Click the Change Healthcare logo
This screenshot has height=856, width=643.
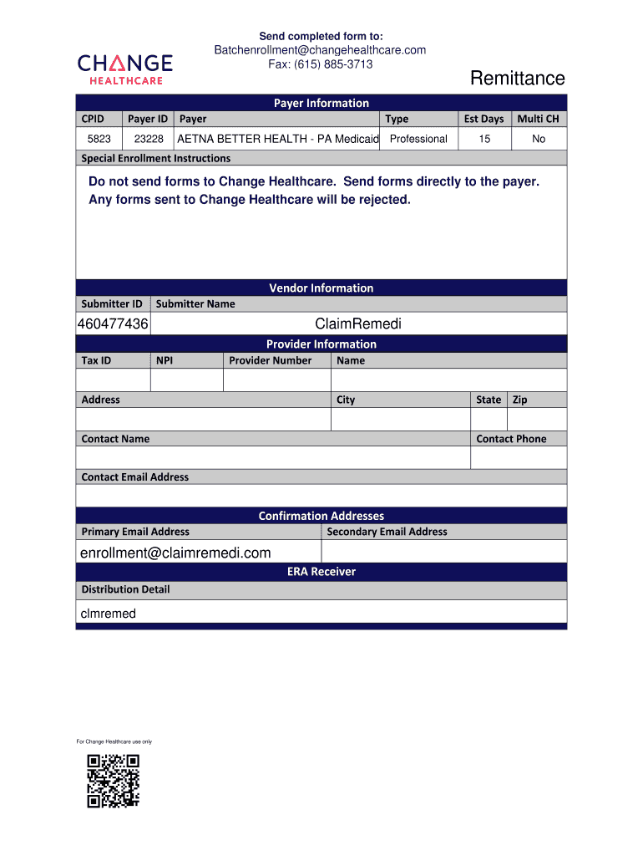[x=125, y=69]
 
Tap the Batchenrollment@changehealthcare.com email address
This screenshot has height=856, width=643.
[x=320, y=50]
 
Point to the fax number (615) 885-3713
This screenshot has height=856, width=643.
[x=320, y=64]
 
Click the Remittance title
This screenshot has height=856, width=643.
[x=517, y=79]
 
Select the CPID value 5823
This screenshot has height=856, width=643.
[x=99, y=139]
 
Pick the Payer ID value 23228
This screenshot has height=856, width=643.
[x=149, y=139]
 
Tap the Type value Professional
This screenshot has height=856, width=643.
[x=418, y=139]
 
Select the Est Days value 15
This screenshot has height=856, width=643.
[x=484, y=139]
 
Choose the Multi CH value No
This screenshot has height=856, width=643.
[x=539, y=139]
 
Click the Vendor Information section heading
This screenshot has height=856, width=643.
[x=321, y=288]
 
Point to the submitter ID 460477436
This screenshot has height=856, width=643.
[x=113, y=324]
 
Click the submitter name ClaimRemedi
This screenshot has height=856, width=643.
[x=358, y=324]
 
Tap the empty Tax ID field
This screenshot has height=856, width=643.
[x=113, y=380]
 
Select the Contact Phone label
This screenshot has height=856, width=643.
[x=511, y=439]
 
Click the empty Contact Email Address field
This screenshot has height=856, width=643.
[x=321, y=496]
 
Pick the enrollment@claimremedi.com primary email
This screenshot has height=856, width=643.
[x=175, y=553]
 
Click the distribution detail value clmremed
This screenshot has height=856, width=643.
[x=108, y=614]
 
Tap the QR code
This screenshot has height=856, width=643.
[x=113, y=781]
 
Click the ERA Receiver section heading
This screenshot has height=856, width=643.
[x=321, y=572]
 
